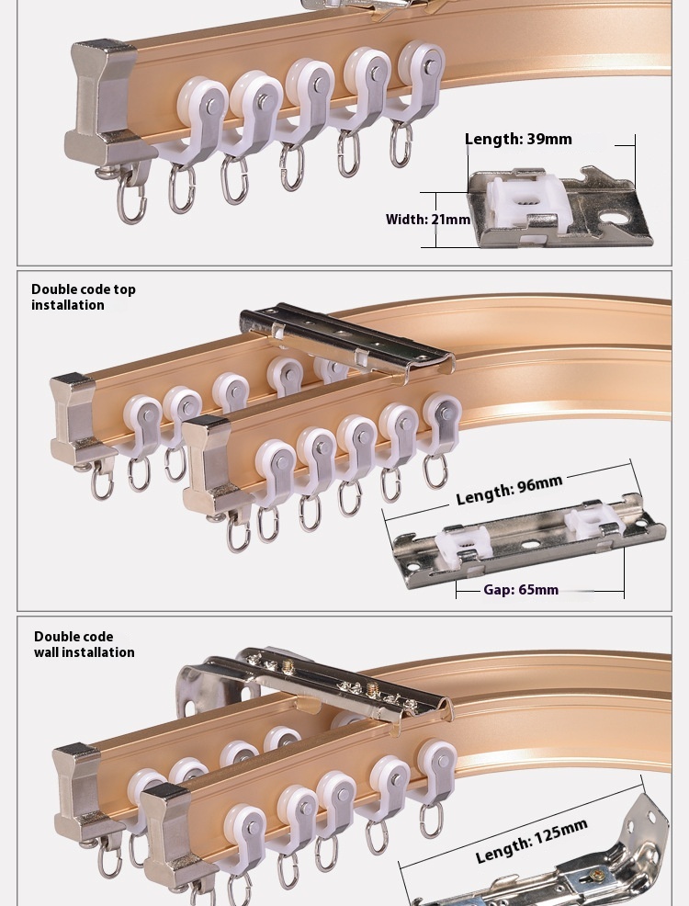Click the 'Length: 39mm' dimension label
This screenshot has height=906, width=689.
(x=518, y=140)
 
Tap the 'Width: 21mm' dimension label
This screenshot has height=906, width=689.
(x=427, y=220)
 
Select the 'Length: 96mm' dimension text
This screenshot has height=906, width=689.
(x=509, y=491)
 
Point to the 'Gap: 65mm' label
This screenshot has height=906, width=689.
(x=521, y=590)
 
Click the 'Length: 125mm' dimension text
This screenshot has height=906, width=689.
(x=531, y=842)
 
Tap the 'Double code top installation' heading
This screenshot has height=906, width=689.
(x=83, y=297)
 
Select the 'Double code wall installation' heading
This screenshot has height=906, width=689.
(x=84, y=644)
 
